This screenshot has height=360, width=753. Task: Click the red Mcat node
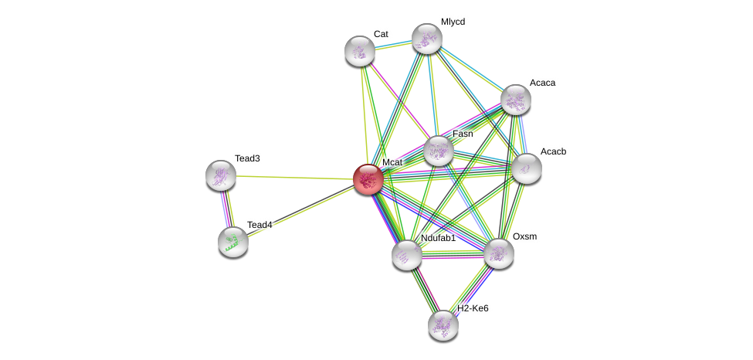tap(368, 178)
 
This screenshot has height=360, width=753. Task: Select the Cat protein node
tap(359, 51)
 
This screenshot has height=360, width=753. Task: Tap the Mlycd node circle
tap(426, 39)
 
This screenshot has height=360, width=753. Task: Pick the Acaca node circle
tap(515, 100)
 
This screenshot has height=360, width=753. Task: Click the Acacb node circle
tap(526, 168)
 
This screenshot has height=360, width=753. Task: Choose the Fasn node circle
tap(438, 151)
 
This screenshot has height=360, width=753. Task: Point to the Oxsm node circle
tap(498, 253)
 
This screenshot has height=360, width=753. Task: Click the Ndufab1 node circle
tap(406, 255)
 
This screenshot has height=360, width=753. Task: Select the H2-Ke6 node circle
tap(443, 325)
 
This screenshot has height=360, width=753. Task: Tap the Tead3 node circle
tap(221, 175)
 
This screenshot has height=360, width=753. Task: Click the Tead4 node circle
tap(232, 242)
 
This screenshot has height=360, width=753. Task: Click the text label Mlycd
tap(453, 22)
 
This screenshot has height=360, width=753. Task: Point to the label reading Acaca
tap(542, 83)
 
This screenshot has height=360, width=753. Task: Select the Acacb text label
tap(553, 151)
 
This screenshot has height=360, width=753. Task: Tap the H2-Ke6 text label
tap(473, 308)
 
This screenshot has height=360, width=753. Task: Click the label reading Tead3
tap(247, 158)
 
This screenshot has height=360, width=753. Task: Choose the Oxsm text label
tap(524, 236)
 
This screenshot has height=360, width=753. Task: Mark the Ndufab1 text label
tap(438, 238)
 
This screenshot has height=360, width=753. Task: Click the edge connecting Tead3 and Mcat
tap(293, 177)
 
